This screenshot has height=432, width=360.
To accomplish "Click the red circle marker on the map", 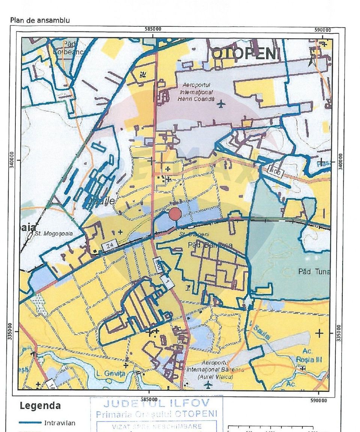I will [x=175, y=214].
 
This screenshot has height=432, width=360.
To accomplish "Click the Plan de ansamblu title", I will [x=40, y=20].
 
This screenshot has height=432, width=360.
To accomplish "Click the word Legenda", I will [x=40, y=406].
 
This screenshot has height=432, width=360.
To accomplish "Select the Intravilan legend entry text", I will [x=60, y=423].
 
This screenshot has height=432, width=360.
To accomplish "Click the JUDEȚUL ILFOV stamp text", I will [x=156, y=404].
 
